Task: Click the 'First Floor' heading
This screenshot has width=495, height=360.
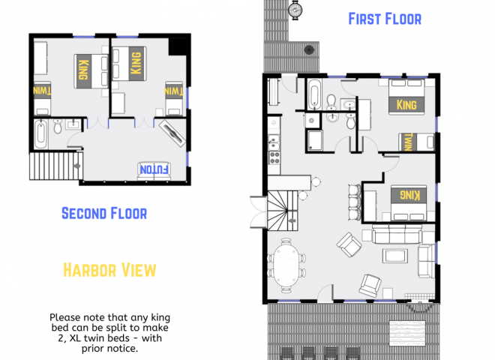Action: (385, 19)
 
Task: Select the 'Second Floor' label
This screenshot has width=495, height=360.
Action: (103, 213)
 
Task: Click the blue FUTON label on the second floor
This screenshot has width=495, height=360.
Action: (155, 169)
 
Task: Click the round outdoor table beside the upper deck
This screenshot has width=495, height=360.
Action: (296, 10)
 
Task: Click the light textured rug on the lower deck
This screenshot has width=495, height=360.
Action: (406, 332)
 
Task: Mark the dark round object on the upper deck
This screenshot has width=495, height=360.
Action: (308, 49)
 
